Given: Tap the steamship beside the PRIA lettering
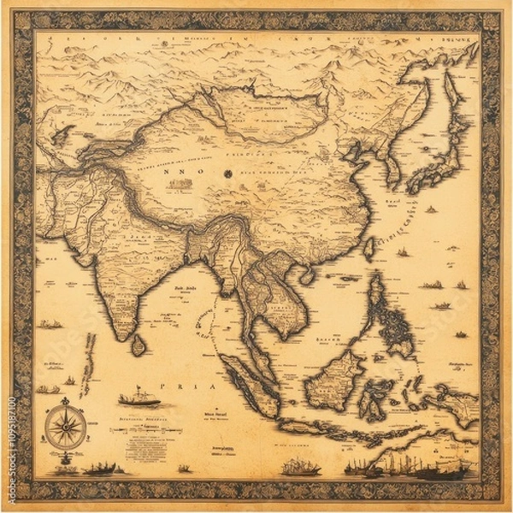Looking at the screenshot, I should (x=139, y=398).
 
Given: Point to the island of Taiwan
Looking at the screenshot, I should (x=369, y=249).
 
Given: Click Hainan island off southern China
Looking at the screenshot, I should (x=306, y=274).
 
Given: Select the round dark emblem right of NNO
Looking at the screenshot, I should (x=228, y=174).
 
